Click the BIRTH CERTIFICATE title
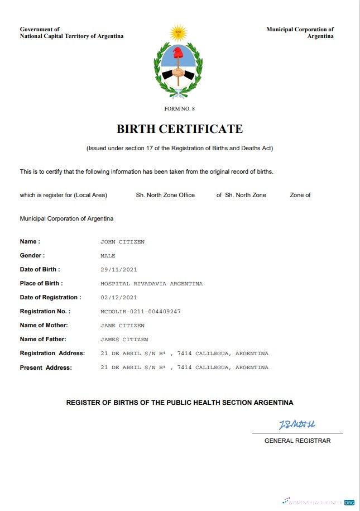pyautogui.click(x=180, y=129)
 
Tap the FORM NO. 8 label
pyautogui.click(x=180, y=108)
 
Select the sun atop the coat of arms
pyautogui.click(x=178, y=33)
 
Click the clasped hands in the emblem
pyautogui.click(x=178, y=73)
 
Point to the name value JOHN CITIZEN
pyautogui.click(x=122, y=242)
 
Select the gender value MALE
pyautogui.click(x=108, y=256)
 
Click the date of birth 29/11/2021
pyautogui.click(x=118, y=270)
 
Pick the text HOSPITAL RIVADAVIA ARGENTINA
pyautogui.click(x=151, y=284)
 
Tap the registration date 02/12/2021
pyautogui.click(x=118, y=298)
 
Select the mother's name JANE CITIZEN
pyautogui.click(x=122, y=326)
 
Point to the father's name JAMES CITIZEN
pyautogui.click(x=124, y=340)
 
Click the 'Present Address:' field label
pyautogui.click(x=46, y=367)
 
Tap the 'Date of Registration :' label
pyautogui.click(x=50, y=298)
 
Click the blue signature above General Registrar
pyautogui.click(x=297, y=425)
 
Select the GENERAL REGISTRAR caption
pyautogui.click(x=297, y=441)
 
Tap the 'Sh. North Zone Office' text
pyautogui.click(x=165, y=195)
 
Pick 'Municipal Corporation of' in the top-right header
pyautogui.click(x=300, y=29)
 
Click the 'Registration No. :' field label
pyautogui.click(x=45, y=312)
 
